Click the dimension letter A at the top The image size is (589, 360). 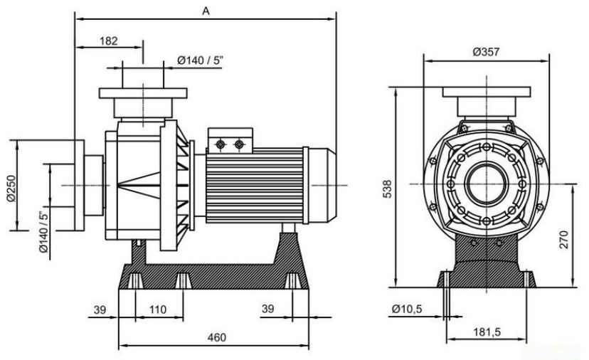(206, 11)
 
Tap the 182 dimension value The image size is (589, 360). (109, 41)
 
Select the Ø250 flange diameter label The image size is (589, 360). (11, 189)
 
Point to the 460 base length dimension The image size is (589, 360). (217, 337)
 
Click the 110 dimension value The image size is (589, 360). (158, 309)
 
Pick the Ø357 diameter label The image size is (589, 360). (486, 52)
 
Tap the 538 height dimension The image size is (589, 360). (387, 189)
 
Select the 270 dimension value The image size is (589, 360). (564, 239)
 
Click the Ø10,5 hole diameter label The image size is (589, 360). (407, 309)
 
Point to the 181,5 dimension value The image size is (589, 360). (487, 332)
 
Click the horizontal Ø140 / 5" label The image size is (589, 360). (200, 60)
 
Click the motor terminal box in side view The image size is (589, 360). (230, 141)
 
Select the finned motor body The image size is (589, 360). (254, 185)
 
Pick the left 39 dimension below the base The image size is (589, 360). (100, 310)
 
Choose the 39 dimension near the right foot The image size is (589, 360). (268, 309)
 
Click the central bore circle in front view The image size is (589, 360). (487, 184)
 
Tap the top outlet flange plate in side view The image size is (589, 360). (143, 93)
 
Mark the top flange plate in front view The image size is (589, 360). (487, 92)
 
